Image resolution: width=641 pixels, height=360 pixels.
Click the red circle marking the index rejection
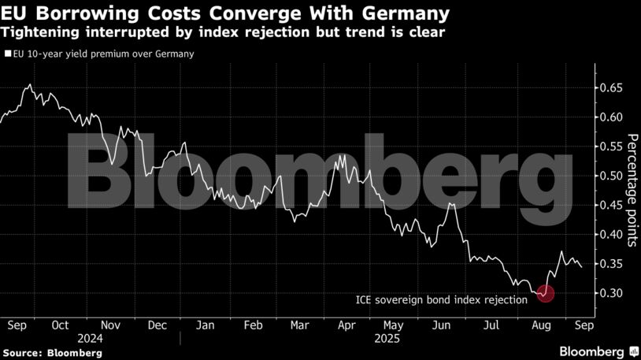(x=545, y=294)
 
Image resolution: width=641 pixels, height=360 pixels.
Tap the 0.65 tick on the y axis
(x=610, y=88)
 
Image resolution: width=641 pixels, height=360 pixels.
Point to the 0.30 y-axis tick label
(x=610, y=293)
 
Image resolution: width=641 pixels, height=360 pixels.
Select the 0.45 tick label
(x=610, y=206)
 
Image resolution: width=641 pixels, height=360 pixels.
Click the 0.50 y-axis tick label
(x=610, y=176)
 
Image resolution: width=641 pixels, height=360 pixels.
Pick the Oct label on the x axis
(x=61, y=325)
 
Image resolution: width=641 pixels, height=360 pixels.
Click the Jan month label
(x=205, y=325)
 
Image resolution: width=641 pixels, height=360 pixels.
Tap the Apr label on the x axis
(x=345, y=325)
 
